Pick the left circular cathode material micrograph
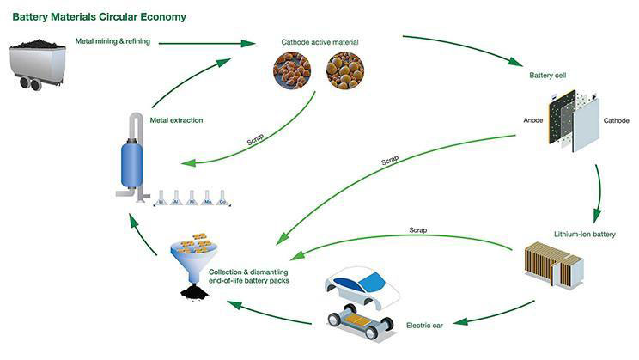click(293, 71)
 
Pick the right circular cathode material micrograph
click(344, 71)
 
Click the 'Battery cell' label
click(547, 76)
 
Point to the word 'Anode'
click(533, 120)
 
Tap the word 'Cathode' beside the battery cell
click(615, 121)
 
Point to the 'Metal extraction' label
click(176, 120)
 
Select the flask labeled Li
click(159, 198)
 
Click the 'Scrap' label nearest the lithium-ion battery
click(418, 230)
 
